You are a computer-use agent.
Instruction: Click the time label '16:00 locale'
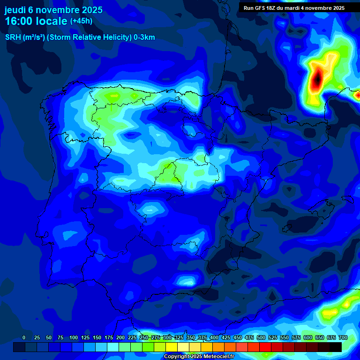tap(36, 21)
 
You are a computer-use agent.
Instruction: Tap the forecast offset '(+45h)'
tap(81, 21)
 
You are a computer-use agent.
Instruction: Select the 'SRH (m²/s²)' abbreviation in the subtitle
tap(25, 37)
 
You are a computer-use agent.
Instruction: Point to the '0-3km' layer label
tap(144, 37)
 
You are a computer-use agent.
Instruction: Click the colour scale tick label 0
tap(24, 337)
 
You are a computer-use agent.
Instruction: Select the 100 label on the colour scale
tap(74, 337)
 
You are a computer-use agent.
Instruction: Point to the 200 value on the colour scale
tap(120, 337)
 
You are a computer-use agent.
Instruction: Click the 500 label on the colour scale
tap(261, 337)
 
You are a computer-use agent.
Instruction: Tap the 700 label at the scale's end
tap(343, 337)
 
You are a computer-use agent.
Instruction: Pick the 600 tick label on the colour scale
tap(308, 337)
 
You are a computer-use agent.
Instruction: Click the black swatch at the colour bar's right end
tap(336, 347)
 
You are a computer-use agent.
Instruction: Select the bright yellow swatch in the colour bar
tap(172, 347)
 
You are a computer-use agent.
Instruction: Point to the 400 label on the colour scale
tap(214, 337)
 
